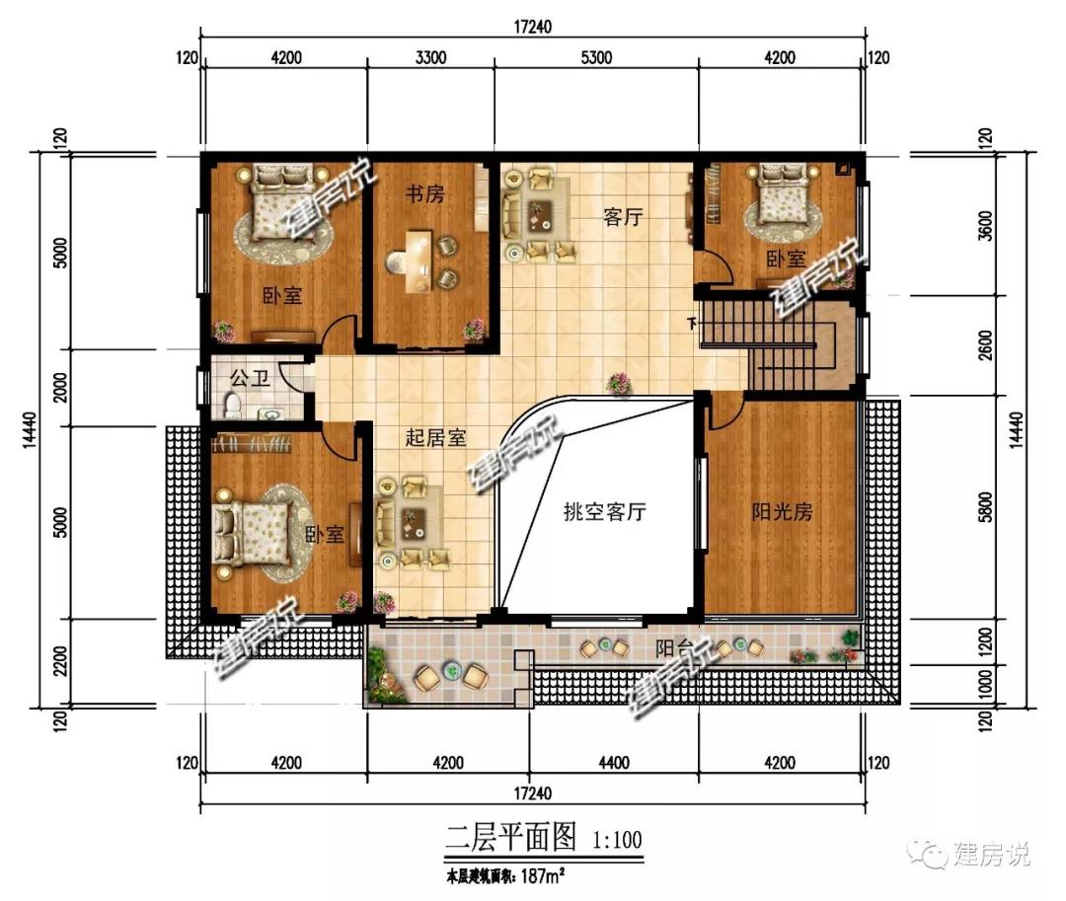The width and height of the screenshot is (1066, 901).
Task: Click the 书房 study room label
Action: coord(424,193)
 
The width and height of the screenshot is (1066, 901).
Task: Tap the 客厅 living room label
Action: coord(623,217)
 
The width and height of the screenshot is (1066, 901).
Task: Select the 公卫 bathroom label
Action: coord(250,378)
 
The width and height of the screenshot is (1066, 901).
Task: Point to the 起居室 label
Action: coord(436,437)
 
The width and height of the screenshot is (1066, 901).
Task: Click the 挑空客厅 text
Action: coord(604,511)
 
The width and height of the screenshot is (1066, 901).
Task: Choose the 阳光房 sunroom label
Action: coord(782,511)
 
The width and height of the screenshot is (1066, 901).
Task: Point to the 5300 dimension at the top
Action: coord(596,57)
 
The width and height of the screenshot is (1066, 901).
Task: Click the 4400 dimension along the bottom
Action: coord(614,763)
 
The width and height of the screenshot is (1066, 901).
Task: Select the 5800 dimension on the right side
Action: coord(986,507)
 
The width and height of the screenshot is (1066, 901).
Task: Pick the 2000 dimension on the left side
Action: coord(60,387)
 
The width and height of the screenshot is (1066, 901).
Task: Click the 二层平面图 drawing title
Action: coord(510,837)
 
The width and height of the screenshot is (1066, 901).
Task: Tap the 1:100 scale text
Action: coord(617,840)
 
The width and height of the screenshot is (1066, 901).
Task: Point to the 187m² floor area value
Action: coord(543,876)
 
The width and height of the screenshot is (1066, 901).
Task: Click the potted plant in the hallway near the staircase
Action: coord(619,383)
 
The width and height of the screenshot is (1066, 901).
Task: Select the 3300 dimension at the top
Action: coord(430,57)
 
